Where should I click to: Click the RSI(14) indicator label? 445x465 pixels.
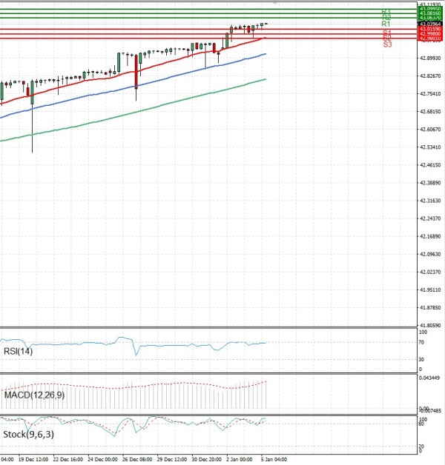(x=19, y=351)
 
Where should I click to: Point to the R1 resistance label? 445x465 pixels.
(x=386, y=24)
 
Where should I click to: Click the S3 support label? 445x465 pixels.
(x=387, y=45)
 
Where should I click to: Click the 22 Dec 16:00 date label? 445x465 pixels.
(x=67, y=459)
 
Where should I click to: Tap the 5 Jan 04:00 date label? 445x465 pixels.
(x=272, y=459)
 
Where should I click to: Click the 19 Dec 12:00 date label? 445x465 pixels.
(x=33, y=459)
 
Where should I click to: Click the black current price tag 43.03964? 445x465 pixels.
(x=430, y=24)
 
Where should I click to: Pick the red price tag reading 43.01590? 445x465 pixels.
(x=430, y=29)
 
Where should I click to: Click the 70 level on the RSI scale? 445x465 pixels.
(x=421, y=342)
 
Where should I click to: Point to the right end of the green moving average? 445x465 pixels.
(x=266, y=79)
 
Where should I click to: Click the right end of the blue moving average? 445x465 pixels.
(x=266, y=54)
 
